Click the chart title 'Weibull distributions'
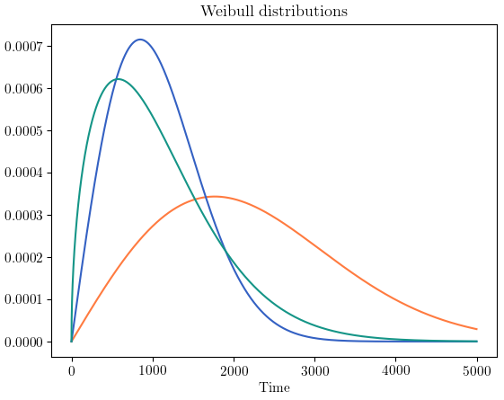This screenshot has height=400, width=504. click(274, 12)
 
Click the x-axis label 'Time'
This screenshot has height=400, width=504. click(274, 387)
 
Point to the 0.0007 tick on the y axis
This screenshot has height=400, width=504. click(25, 47)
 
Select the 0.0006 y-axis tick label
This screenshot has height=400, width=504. click(25, 89)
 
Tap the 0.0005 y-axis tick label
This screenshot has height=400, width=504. click(25, 131)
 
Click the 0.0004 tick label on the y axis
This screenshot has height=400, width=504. click(25, 173)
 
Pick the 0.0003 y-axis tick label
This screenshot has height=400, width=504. click(25, 216)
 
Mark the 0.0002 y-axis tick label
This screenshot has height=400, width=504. click(25, 258)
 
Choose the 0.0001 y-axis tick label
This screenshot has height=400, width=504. click(25, 300)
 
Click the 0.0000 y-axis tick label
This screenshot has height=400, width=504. click(25, 342)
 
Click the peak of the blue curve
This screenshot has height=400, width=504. click(139, 40)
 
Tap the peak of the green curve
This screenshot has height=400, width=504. click(118, 79)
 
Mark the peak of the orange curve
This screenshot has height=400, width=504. click(214, 196)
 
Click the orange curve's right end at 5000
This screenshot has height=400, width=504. click(477, 329)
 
